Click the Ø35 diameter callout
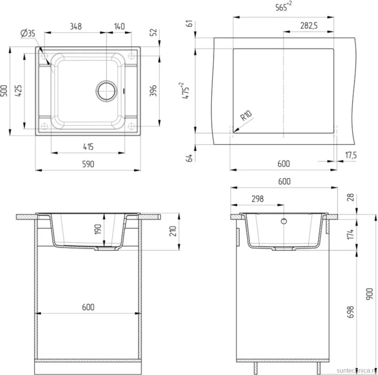pyautogui.click(x=28, y=33)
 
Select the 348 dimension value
pyautogui.click(x=76, y=26)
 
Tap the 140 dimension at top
pyautogui.click(x=119, y=26)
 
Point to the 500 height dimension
pyautogui.click(x=4, y=91)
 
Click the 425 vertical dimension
pyautogui.click(x=18, y=91)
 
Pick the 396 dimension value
pyautogui.click(x=153, y=91)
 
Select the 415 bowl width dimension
pyautogui.click(x=88, y=147)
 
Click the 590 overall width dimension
pyautogui.click(x=88, y=164)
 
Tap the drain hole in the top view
pyautogui.click(x=106, y=91)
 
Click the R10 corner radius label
pyautogui.click(x=246, y=116)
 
